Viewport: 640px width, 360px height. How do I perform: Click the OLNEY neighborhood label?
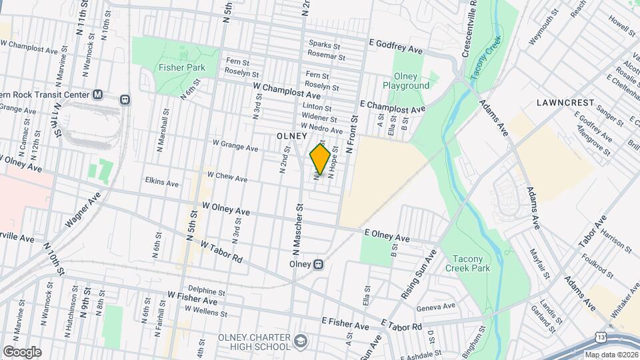click(291, 135)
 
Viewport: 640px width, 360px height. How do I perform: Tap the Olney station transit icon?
click(319, 264)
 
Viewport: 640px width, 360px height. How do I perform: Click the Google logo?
click(22, 351)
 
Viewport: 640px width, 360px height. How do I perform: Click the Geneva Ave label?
click(435, 307)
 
